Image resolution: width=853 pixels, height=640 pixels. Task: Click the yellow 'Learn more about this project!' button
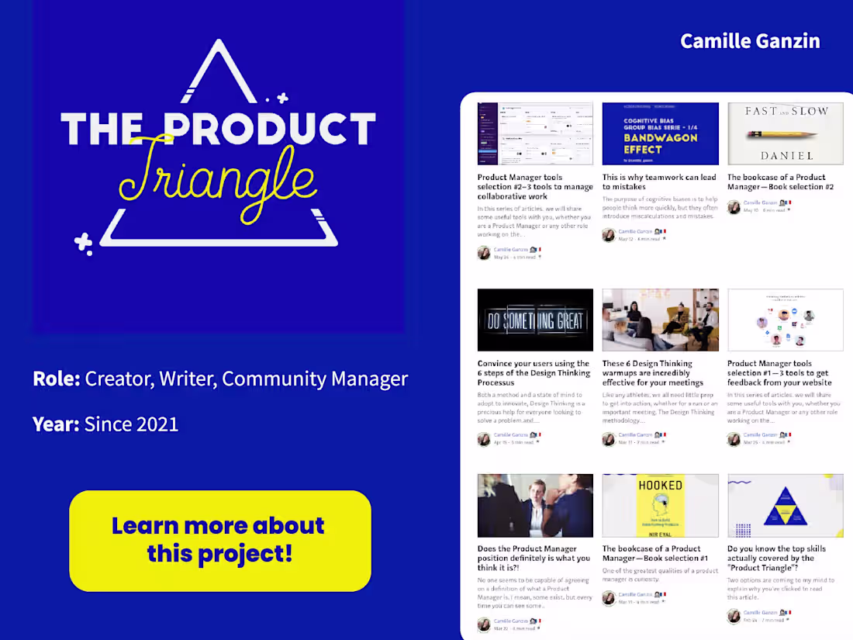coord(219,540)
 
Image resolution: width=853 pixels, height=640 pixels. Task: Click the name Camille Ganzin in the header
coord(750,41)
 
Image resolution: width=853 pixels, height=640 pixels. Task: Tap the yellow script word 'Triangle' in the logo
coord(219,177)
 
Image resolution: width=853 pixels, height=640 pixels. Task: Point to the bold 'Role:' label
coord(57,379)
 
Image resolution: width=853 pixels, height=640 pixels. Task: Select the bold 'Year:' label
coord(56,424)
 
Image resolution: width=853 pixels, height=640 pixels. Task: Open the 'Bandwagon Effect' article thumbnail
coord(660,133)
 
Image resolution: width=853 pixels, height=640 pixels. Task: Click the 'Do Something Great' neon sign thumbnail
coord(535,320)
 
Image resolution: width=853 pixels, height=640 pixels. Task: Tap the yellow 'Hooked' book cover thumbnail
coord(660,505)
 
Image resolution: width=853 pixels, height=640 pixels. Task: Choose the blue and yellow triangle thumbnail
coord(785,505)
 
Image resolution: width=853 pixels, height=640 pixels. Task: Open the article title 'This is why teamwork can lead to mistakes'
coord(659,182)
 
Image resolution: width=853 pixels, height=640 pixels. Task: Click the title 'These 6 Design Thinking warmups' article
coord(653,372)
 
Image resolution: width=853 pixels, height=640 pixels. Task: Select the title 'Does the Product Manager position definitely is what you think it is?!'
coord(534,558)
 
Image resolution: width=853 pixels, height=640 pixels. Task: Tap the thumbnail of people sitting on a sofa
coord(660,320)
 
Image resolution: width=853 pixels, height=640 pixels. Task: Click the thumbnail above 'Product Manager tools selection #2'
coord(535,133)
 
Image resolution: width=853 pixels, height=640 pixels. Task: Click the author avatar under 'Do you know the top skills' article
coord(734,616)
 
